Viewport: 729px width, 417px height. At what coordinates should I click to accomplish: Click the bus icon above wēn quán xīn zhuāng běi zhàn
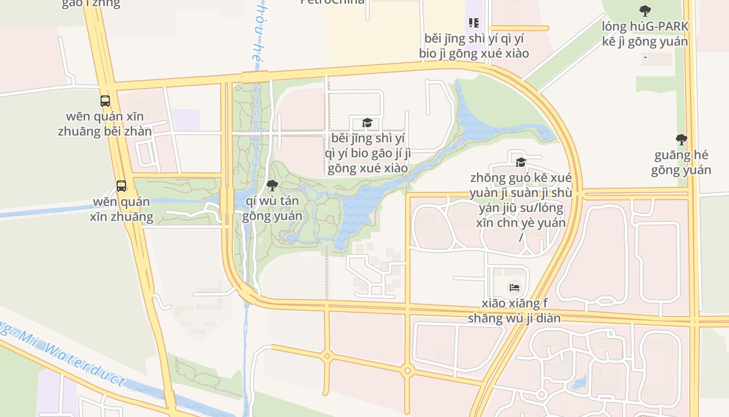click(105, 101)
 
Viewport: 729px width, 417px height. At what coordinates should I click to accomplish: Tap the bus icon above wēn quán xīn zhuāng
click(121, 186)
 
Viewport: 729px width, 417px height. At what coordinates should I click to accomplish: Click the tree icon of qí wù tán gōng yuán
click(272, 185)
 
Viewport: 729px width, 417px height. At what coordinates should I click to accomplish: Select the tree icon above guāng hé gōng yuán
click(681, 139)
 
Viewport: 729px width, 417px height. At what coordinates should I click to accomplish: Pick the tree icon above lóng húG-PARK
click(645, 10)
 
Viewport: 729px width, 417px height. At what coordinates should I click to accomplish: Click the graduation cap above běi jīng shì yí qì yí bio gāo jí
click(368, 122)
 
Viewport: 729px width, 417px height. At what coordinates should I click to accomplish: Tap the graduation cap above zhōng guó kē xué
click(521, 162)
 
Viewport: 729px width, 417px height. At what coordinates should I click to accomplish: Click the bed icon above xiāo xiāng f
click(514, 287)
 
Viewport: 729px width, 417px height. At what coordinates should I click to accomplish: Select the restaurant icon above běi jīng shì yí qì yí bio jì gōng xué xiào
click(473, 22)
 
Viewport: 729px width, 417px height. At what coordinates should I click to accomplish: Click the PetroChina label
click(332, 2)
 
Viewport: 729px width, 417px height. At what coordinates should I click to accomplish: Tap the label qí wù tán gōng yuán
click(272, 208)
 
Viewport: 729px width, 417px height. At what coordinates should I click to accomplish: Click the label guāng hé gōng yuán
click(681, 163)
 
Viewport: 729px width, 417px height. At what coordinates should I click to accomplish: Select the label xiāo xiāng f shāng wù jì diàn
click(514, 311)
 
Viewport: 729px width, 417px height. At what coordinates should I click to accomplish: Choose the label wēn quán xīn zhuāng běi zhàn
click(105, 124)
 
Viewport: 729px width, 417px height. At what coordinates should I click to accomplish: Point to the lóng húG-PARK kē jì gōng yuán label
click(645, 34)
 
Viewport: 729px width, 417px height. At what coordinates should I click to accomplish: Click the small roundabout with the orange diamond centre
click(327, 357)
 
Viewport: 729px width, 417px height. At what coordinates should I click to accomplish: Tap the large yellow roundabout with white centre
click(407, 372)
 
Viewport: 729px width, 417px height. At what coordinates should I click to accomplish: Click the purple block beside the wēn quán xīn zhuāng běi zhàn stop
click(186, 119)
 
